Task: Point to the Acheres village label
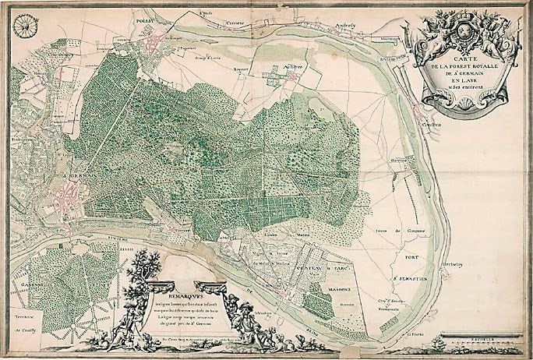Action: pos(291,69)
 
